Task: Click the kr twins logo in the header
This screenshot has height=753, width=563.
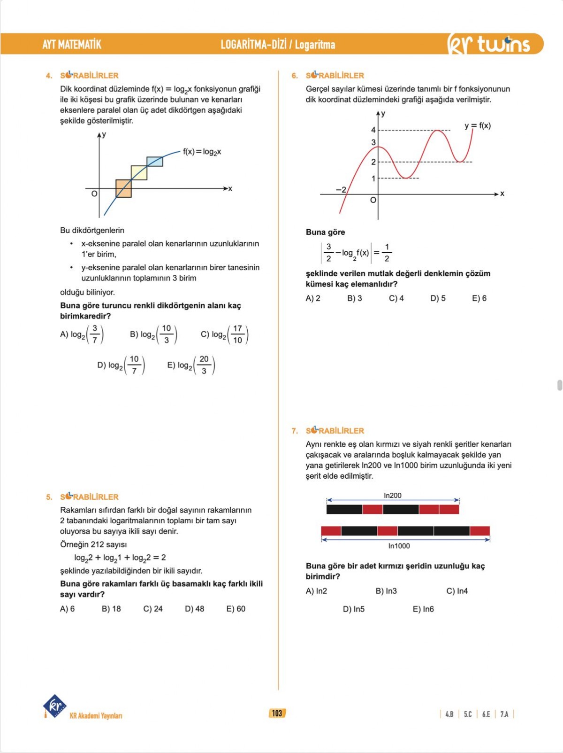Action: click(x=489, y=44)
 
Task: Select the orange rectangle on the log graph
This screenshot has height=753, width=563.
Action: click(x=123, y=188)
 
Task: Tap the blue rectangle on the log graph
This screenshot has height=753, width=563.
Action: click(x=155, y=162)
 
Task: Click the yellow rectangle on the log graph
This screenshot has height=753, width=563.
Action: click(x=139, y=173)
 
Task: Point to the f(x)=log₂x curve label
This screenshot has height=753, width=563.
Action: click(x=202, y=152)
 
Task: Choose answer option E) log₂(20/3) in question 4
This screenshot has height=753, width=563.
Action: click(x=191, y=365)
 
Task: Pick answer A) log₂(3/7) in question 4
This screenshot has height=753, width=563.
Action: click(x=82, y=334)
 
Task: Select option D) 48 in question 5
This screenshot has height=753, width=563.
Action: click(x=194, y=609)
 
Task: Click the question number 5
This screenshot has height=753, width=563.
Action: click(x=49, y=497)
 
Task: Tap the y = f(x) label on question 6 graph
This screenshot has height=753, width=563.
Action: click(x=478, y=126)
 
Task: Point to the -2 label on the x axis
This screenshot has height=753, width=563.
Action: click(x=341, y=190)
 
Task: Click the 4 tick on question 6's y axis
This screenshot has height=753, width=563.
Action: click(x=373, y=130)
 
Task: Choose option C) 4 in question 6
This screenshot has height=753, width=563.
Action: click(x=396, y=298)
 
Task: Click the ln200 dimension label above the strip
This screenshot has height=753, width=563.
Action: click(x=393, y=496)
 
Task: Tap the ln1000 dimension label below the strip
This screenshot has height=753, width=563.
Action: click(x=399, y=546)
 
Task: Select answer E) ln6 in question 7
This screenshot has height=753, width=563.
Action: click(x=423, y=609)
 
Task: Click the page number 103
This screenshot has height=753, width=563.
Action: click(x=277, y=714)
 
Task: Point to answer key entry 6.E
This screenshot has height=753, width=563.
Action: click(x=486, y=714)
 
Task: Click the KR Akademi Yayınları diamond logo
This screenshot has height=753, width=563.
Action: click(x=55, y=706)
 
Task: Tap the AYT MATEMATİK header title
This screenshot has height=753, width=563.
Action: click(x=72, y=45)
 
